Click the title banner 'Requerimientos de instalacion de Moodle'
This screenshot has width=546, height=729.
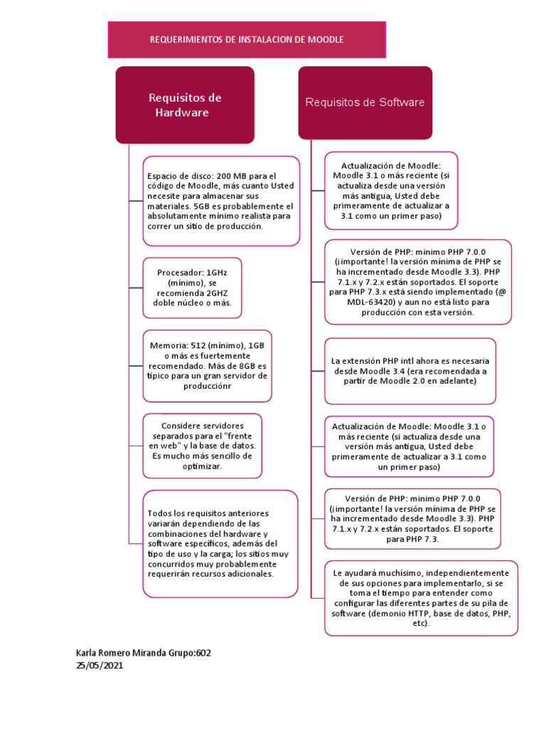[246, 40]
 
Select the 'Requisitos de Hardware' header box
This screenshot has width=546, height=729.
[185, 105]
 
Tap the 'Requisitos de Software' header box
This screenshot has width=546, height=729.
[365, 103]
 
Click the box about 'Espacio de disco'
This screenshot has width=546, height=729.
[220, 200]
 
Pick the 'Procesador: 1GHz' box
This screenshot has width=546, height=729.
[192, 288]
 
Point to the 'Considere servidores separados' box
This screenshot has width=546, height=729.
[202, 445]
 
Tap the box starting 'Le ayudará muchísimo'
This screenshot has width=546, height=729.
[421, 597]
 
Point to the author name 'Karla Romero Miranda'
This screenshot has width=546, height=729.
[120, 653]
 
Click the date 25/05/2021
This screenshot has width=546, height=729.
[99, 666]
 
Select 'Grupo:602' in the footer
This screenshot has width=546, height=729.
[189, 653]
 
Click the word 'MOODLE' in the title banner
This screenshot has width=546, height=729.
[326, 40]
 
